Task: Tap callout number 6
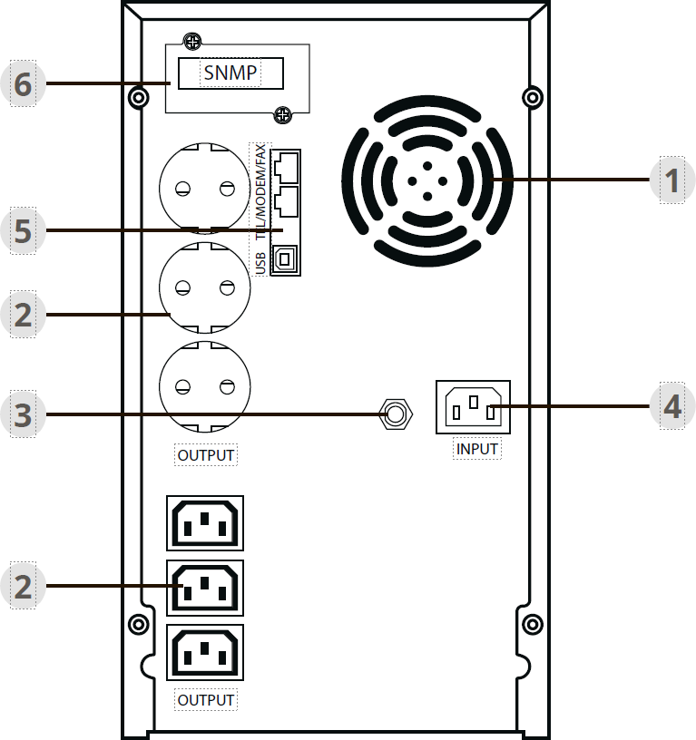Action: click(23, 84)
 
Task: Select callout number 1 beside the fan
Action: click(671, 181)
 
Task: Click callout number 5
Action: click(23, 230)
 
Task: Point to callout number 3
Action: click(23, 414)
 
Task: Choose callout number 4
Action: click(671, 405)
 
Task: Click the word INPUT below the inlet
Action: click(477, 448)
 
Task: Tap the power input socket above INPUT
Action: click(473, 405)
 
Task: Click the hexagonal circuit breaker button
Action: click(395, 414)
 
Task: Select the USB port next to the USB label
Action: click(285, 258)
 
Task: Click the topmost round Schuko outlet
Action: click(204, 188)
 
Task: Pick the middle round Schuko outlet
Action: click(204, 288)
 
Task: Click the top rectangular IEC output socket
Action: click(205, 523)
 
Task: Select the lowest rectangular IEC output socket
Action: click(205, 652)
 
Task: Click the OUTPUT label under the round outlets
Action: click(205, 454)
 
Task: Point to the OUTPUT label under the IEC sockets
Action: click(205, 700)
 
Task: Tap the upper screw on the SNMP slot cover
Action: click(191, 41)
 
